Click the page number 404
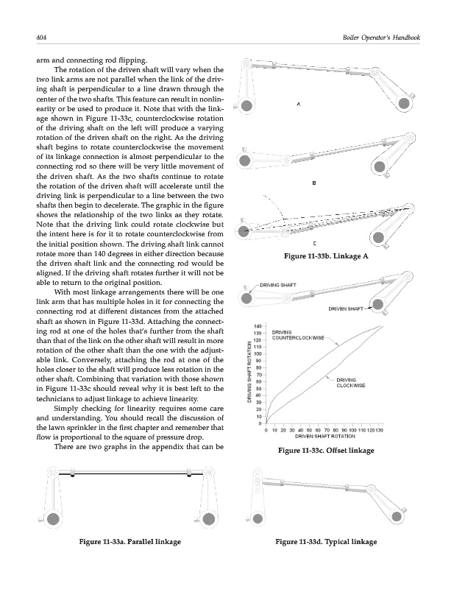32,38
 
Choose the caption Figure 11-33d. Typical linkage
325,543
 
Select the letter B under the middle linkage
314,183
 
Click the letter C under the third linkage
314,242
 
